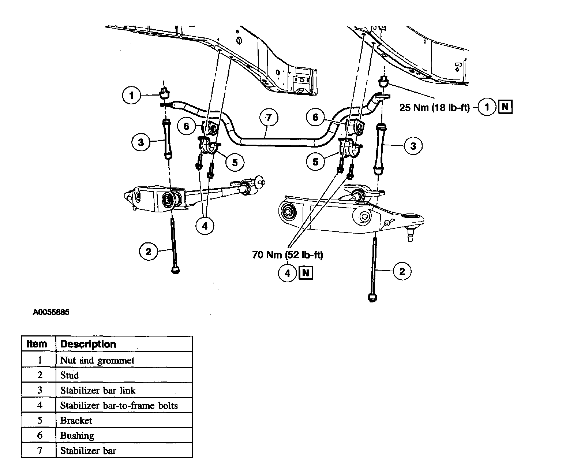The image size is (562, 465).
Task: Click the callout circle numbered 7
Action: (269, 118)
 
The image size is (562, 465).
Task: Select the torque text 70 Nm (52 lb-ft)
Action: (288, 254)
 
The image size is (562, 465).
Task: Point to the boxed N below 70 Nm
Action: (306, 273)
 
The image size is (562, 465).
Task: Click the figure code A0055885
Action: (51, 313)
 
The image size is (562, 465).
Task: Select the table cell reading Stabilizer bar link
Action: (98, 390)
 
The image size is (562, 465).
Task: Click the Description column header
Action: (88, 344)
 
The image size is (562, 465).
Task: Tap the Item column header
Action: (37, 344)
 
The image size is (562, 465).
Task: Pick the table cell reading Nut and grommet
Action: (97, 360)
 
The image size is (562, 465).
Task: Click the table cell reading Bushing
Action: (77, 436)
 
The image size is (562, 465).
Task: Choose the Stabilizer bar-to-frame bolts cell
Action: (119, 405)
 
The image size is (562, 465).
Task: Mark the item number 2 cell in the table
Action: (40, 375)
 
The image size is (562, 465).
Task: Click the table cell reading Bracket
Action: (76, 420)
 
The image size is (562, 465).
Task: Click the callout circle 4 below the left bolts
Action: (205, 226)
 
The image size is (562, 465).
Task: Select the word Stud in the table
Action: (70, 375)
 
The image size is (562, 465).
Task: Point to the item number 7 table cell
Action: (40, 450)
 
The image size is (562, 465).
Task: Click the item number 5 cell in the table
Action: (40, 420)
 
